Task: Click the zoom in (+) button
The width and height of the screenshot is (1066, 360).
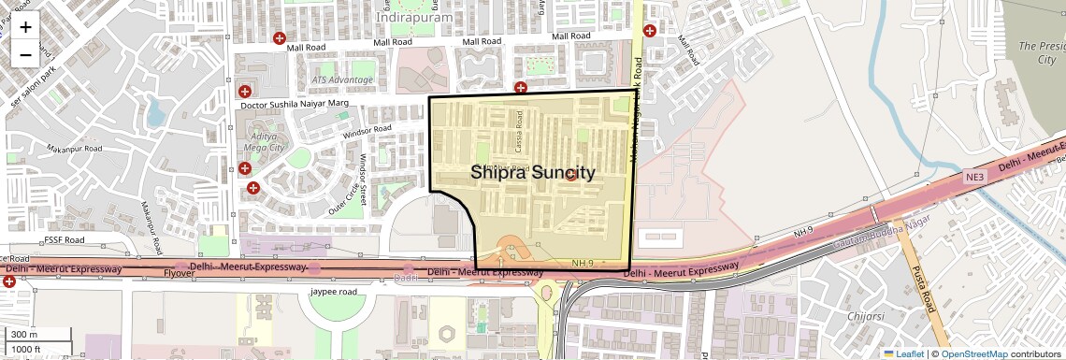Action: coord(25,27)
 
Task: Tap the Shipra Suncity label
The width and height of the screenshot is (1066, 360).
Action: coord(532,173)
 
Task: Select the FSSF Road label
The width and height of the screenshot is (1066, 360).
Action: coord(65,240)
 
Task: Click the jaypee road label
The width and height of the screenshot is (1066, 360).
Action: coord(334,292)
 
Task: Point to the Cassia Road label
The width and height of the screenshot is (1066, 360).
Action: coord(518,143)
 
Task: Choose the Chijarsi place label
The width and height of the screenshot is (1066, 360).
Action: coord(865,317)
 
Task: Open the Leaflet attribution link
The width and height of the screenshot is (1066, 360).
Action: coord(903,353)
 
